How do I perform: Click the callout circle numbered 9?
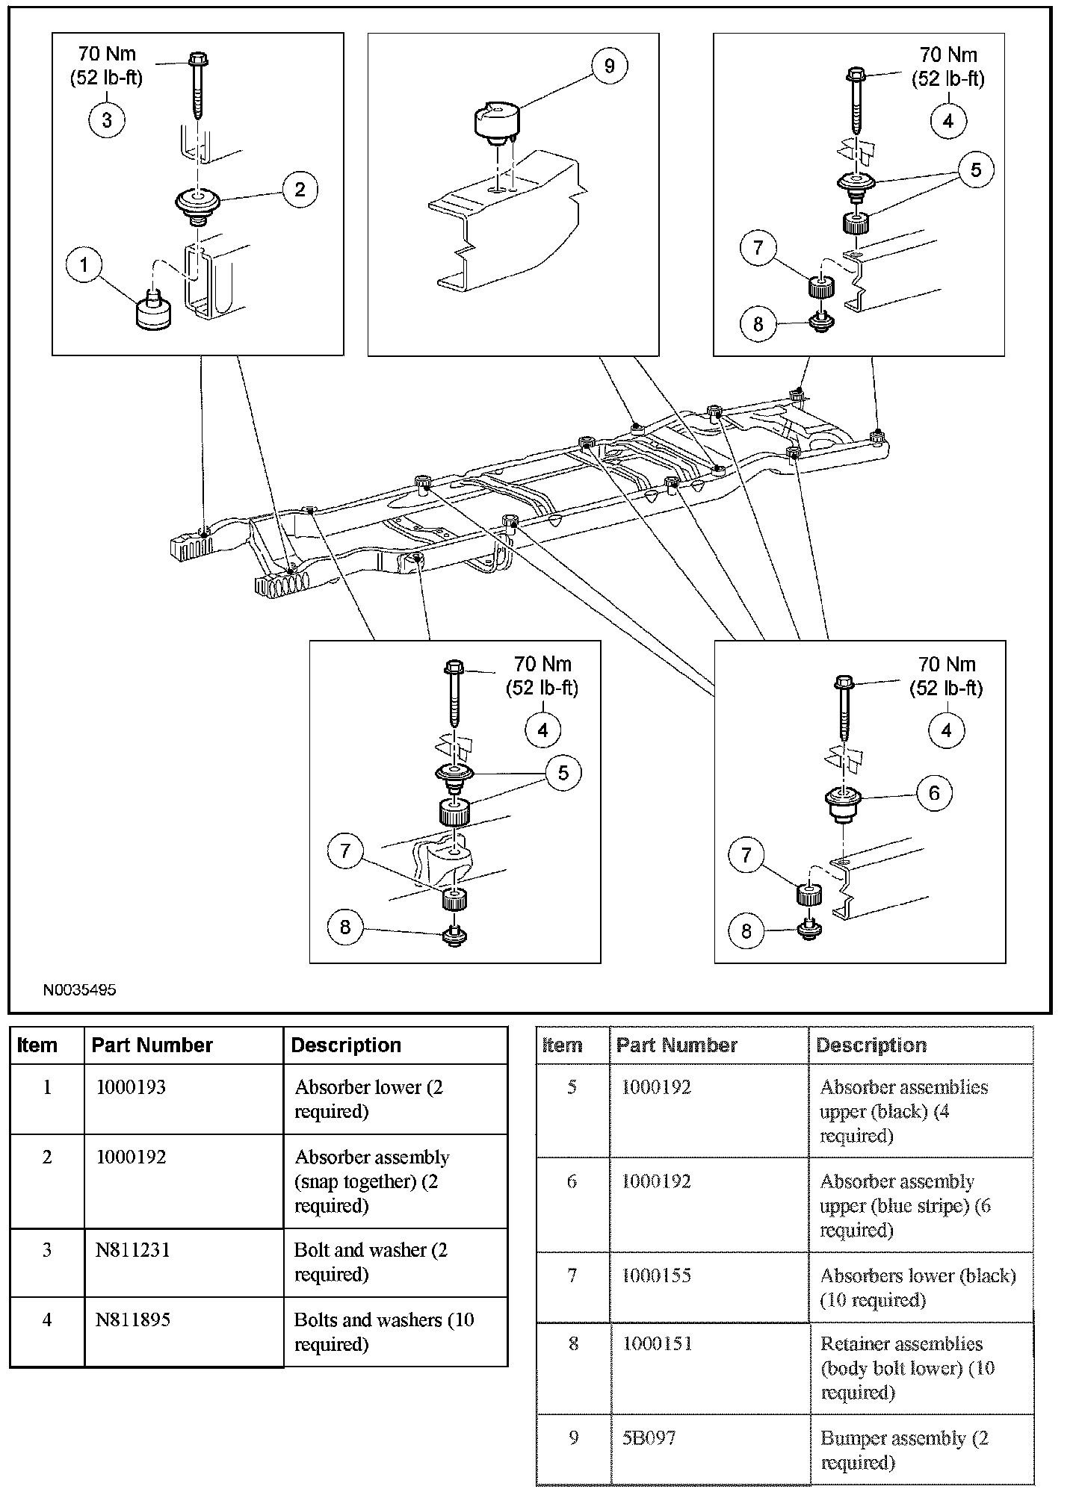(x=609, y=66)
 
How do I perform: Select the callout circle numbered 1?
(x=84, y=264)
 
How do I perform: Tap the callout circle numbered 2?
(x=300, y=189)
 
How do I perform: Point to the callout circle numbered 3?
(x=107, y=119)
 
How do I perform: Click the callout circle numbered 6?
(x=934, y=793)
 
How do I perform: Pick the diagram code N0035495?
(x=79, y=990)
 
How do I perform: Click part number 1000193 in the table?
(x=131, y=1087)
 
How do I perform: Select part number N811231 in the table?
(x=132, y=1250)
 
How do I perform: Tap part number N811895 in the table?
(x=132, y=1320)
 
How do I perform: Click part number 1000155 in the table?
(x=656, y=1275)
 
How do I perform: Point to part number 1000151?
(x=657, y=1343)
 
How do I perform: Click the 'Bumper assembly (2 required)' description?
(x=904, y=1449)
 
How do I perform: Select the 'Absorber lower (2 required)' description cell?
(x=368, y=1098)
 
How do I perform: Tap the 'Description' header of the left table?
(x=346, y=1045)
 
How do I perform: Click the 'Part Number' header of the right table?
(x=676, y=1045)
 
